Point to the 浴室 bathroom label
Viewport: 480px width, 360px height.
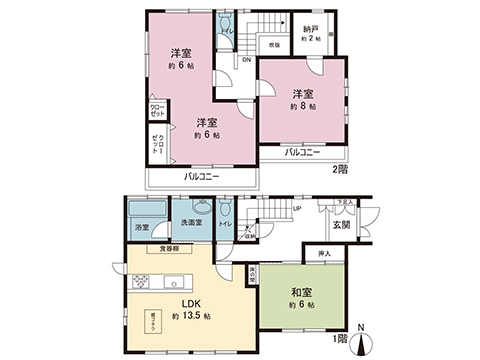pos(141,228)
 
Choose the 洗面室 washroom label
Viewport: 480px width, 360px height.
pos(192,221)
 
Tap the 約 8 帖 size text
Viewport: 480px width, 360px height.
pos(303,105)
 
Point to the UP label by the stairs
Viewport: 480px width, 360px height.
pos(297,209)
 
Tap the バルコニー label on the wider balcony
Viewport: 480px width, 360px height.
pos(201,176)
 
